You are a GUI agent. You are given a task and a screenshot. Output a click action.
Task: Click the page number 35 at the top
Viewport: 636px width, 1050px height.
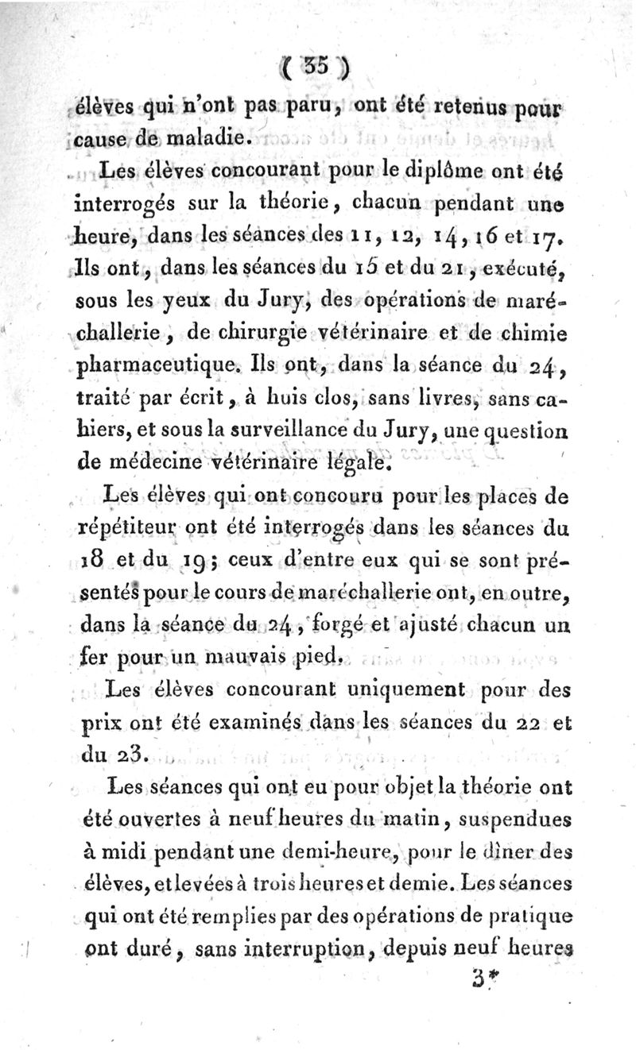pos(318,70)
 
